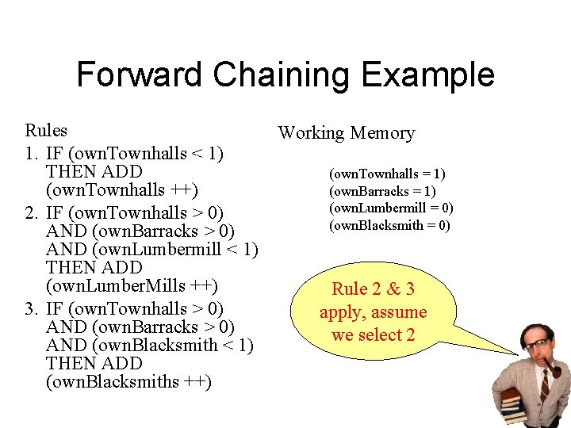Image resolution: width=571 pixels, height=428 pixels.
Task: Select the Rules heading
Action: pos(46,130)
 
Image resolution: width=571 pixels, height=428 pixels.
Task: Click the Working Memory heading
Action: pos(346,132)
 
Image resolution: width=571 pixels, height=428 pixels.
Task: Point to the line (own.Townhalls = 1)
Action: pos(387,174)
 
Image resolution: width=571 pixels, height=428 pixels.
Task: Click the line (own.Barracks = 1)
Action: pos(382,191)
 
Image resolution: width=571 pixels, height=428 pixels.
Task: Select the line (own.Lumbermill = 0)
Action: pos(391,208)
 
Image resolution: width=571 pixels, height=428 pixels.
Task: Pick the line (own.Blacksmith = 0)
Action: pos(389,225)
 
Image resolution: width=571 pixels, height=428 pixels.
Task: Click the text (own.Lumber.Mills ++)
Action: pos(132,285)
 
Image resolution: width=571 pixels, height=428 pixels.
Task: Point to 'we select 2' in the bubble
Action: pos(373,334)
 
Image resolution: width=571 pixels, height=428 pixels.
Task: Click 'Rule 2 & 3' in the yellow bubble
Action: pos(373,289)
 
